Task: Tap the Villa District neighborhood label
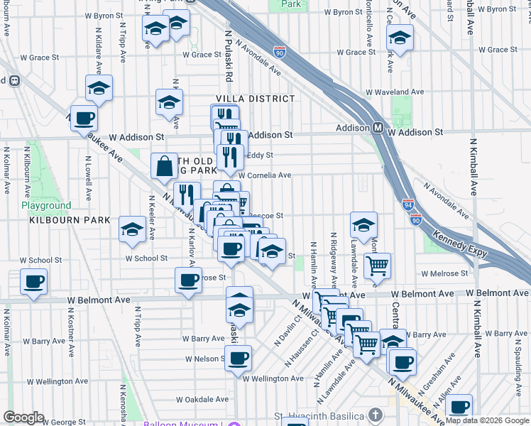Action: pos(256,99)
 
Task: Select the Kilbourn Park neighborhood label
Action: pos(70,220)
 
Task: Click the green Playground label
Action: pos(46,206)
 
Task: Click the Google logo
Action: pos(23,417)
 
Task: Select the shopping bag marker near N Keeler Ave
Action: pos(164,167)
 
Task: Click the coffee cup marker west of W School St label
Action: pos(34,281)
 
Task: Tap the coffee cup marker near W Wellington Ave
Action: pos(239,356)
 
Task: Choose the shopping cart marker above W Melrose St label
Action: pos(377,266)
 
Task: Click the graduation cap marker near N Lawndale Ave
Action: pos(363,224)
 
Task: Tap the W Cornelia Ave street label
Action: pos(265,175)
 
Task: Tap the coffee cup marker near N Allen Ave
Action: pos(460,407)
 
